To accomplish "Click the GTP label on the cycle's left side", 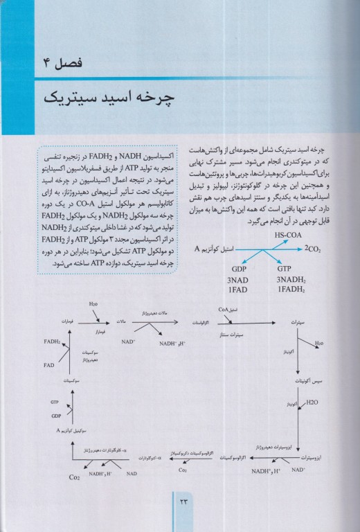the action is pyautogui.click(x=55, y=402).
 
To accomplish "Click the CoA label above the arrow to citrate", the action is pyautogui.click(x=223, y=310).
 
